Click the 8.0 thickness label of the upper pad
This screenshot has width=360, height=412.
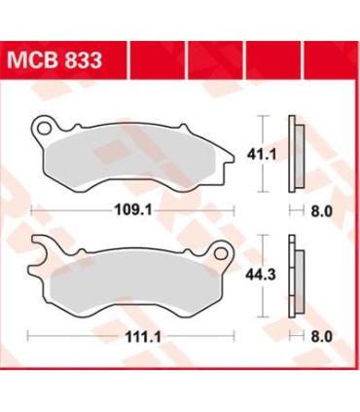[x=318, y=208]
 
